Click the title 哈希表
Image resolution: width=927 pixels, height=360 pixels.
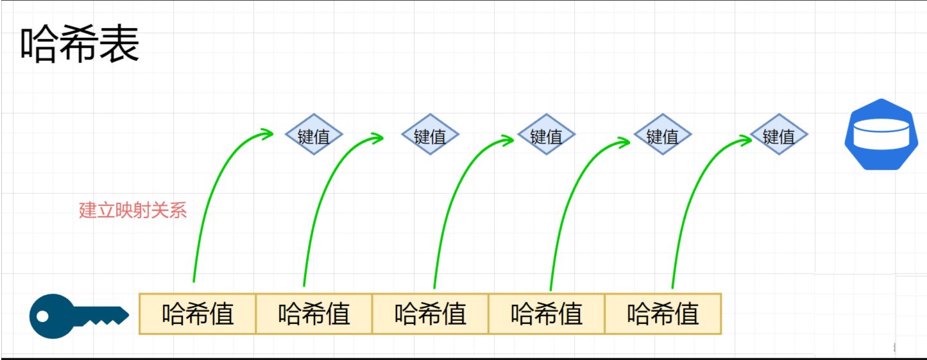pos(80,45)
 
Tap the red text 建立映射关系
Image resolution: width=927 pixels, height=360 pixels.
pos(133,210)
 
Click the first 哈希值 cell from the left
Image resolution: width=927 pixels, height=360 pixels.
pos(198,314)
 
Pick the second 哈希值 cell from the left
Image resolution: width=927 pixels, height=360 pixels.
pos(314,314)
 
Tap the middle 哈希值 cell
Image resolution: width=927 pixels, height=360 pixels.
pos(430,314)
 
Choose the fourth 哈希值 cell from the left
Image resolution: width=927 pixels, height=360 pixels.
pos(547,314)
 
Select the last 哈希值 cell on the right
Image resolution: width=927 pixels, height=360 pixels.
pos(663,314)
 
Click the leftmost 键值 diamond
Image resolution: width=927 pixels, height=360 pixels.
pos(314,135)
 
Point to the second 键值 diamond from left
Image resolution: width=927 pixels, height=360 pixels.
pos(430,135)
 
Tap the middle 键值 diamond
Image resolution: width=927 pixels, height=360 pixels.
pos(546,135)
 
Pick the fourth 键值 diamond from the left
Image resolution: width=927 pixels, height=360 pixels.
pos(662,135)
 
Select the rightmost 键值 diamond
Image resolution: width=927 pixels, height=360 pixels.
pos(779,135)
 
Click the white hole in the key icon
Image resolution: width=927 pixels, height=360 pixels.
pos(43,316)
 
